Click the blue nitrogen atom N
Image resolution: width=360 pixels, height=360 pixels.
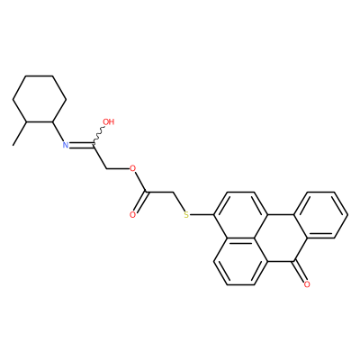tap(66, 146)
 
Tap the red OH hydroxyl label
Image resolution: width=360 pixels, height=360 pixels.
tap(109, 121)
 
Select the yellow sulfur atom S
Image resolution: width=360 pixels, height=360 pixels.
tap(186, 215)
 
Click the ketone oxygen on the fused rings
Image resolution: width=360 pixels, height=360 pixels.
tap(307, 284)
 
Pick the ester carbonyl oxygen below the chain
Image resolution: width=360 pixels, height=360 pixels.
tap(132, 215)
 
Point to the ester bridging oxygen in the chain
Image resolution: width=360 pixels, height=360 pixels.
tap(132, 168)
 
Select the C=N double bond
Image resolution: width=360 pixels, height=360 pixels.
tap(81, 146)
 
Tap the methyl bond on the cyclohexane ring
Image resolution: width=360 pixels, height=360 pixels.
tap(20, 134)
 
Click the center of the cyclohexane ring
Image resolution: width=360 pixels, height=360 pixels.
tap(40, 99)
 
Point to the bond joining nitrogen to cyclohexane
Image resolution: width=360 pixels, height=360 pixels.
tap(58, 131)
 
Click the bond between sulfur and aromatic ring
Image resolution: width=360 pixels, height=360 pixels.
tap(202, 215)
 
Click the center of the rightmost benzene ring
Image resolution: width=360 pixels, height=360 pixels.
tap(320, 215)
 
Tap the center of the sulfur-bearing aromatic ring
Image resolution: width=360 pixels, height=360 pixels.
tap(240, 215)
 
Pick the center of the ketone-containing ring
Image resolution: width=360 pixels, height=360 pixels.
tap(281, 238)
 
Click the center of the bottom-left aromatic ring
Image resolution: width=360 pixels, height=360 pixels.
tap(240, 262)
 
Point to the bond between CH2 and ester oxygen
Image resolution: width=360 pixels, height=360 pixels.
tap(118, 168)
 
